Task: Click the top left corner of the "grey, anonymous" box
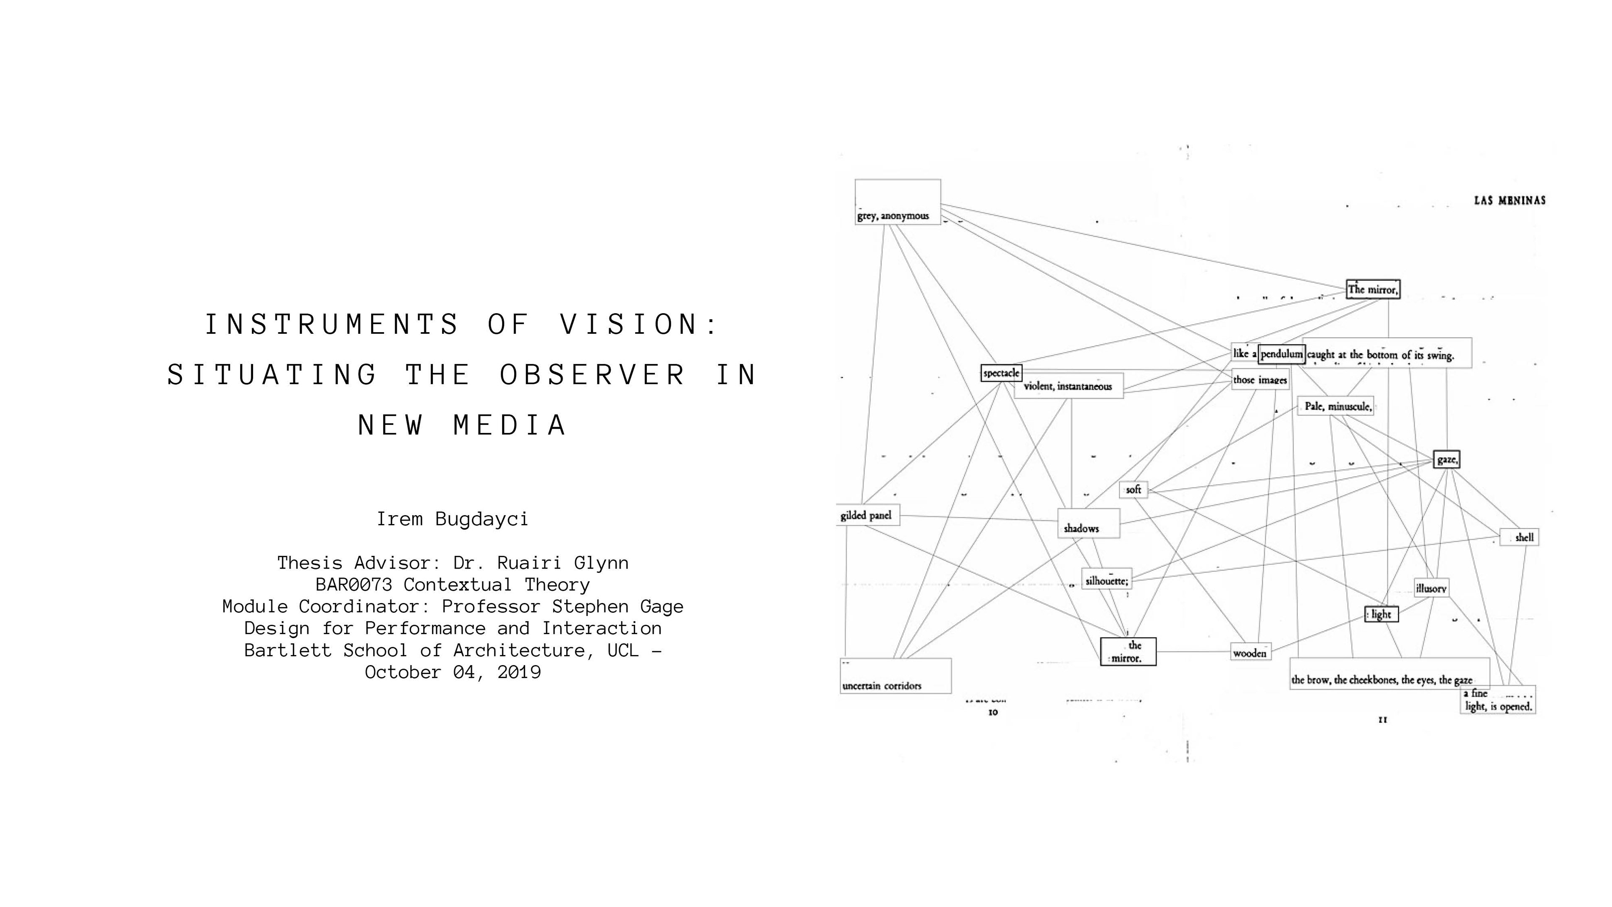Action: (856, 180)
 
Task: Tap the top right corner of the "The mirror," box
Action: (1400, 280)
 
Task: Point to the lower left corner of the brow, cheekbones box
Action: (1290, 689)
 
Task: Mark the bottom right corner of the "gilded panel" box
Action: (899, 525)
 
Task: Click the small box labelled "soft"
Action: (1134, 490)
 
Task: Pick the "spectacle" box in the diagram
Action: (1001, 373)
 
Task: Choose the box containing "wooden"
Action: (1250, 652)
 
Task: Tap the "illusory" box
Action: (1431, 588)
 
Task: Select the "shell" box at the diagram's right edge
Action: (1519, 537)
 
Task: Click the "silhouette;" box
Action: (1107, 579)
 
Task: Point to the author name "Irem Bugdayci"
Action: (453, 519)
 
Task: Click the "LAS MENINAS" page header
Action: (1510, 200)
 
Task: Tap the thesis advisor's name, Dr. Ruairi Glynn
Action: (541, 563)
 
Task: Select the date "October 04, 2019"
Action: (453, 672)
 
